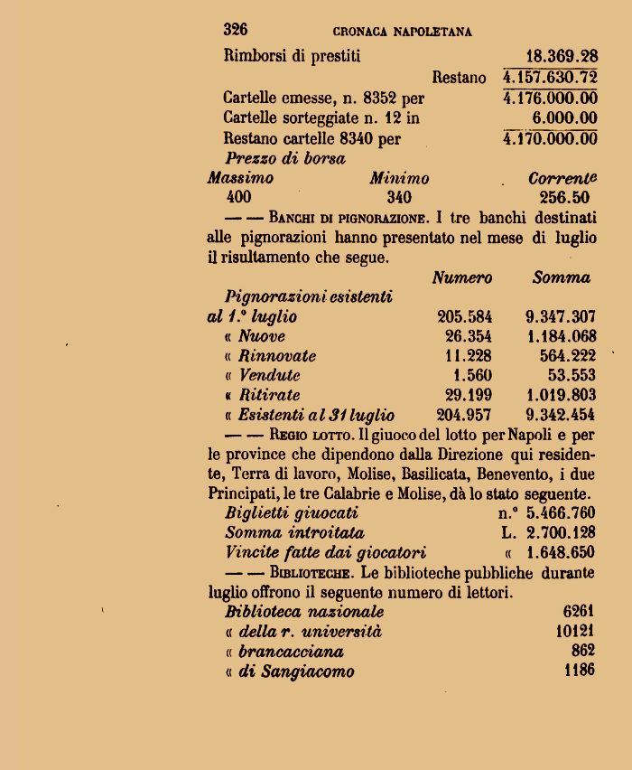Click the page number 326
[236, 30]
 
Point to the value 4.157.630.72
[550, 78]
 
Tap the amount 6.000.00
[564, 118]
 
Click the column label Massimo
[240, 178]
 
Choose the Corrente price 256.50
[561, 198]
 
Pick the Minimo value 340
[398, 198]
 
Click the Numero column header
[461, 278]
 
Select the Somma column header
[561, 278]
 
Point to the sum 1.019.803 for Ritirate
[560, 396]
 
